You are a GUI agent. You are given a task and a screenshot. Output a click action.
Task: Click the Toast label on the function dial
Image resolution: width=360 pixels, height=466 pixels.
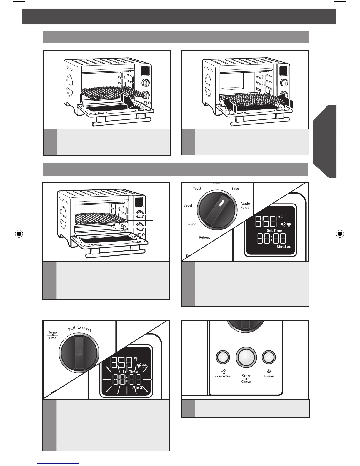pos(197,189)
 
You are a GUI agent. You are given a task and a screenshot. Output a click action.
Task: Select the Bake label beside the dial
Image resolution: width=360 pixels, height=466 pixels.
pos(235,189)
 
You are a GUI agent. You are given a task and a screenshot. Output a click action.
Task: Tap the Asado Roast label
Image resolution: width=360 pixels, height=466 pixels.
pos(245,205)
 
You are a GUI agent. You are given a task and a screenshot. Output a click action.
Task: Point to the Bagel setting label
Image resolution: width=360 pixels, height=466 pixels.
pos(188,205)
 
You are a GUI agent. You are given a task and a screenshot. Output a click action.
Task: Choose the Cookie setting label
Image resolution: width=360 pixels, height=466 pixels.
pos(191,224)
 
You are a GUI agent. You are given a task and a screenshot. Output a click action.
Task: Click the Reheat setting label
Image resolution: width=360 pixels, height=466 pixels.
pos(204,237)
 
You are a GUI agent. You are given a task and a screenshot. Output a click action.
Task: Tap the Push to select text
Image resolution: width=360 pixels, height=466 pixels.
pos(80,329)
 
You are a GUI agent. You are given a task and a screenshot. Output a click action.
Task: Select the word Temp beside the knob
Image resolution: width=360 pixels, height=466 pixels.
pos(53,332)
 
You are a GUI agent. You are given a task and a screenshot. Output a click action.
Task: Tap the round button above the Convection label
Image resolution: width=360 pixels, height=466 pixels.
pos(223,357)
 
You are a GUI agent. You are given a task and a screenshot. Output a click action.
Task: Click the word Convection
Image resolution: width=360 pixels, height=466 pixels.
pos(223,376)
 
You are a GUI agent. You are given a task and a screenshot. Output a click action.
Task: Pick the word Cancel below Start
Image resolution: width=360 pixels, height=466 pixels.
pos(246,382)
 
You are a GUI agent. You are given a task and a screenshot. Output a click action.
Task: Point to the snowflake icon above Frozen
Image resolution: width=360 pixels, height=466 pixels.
pos(269,371)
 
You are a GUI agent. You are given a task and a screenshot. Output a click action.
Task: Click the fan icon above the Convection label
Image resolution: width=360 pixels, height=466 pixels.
pos(223,371)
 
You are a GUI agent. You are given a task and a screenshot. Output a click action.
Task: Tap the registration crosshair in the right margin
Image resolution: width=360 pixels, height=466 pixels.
pos(339,234)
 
